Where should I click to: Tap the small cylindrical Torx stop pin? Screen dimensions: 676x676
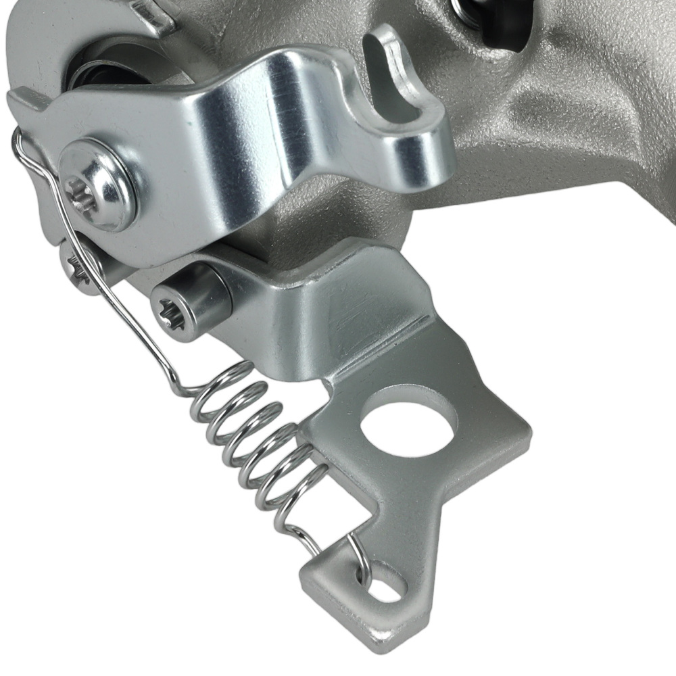pyautogui.click(x=191, y=301)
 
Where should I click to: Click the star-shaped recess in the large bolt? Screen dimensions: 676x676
pyautogui.click(x=80, y=191)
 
